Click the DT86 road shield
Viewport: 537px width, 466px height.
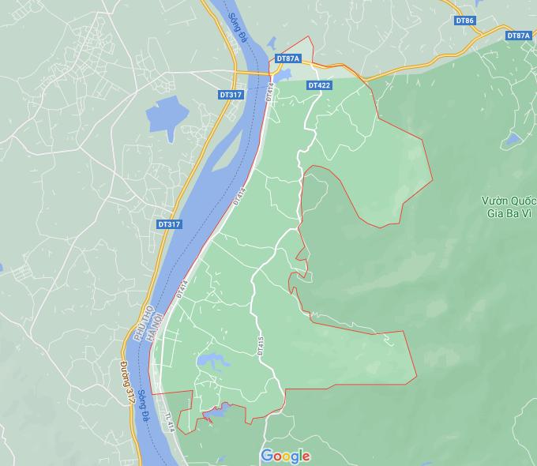[x=465, y=20]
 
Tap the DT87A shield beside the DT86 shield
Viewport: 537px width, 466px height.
[x=518, y=36]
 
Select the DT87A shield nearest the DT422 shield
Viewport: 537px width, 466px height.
[x=288, y=58]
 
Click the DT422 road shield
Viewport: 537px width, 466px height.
[x=319, y=85]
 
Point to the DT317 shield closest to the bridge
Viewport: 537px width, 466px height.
[x=231, y=95]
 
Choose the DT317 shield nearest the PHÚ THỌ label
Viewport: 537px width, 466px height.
[x=169, y=224]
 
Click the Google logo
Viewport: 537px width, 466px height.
[x=285, y=456]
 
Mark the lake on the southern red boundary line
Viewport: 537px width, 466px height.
[x=218, y=410]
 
